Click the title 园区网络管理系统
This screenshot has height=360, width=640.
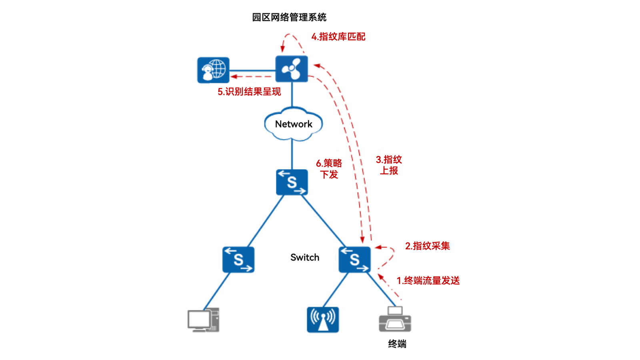click(289, 17)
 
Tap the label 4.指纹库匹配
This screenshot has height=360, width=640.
click(338, 37)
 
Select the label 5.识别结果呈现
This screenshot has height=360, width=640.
click(249, 92)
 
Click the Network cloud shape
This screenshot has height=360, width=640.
click(293, 124)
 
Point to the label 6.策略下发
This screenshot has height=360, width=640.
click(329, 169)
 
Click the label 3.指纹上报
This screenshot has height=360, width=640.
click(389, 165)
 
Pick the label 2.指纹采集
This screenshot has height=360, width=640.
click(427, 246)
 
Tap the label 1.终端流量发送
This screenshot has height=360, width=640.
click(428, 281)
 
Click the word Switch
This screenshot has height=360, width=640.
click(304, 258)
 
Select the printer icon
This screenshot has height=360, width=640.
click(395, 320)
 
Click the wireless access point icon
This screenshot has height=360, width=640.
click(322, 320)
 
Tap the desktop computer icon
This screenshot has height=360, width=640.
click(203, 320)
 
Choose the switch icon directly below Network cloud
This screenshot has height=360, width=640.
click(292, 182)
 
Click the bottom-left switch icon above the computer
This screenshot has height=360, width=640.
click(238, 260)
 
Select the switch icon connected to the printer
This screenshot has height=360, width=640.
click(354, 260)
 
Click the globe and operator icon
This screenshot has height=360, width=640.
click(213, 70)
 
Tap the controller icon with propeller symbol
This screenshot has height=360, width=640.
click(292, 69)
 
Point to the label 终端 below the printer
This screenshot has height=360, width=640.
click(397, 344)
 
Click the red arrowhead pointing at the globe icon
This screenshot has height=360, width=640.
click(234, 76)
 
